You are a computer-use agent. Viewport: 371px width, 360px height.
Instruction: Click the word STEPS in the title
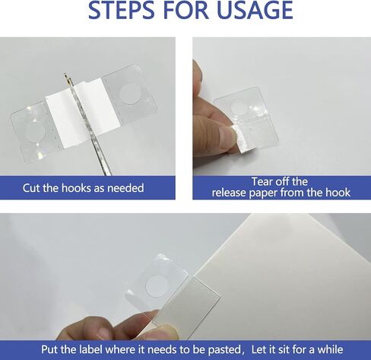tap(121, 10)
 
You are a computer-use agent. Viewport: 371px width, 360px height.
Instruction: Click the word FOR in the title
tap(185, 10)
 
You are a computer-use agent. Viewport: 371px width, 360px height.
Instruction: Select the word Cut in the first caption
tap(31, 188)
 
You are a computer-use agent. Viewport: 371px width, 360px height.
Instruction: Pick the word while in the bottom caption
tap(330, 349)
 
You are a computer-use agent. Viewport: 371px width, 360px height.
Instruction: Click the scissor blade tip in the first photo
tap(65, 75)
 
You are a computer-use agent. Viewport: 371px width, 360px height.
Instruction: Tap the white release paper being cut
tap(82, 109)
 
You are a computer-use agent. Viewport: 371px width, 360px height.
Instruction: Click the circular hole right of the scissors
tap(129, 94)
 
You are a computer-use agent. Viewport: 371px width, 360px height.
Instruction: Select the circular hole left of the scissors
tap(36, 131)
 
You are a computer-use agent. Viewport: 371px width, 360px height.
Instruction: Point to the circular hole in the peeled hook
tap(239, 107)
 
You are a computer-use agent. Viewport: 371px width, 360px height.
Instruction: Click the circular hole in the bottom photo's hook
tap(157, 286)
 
